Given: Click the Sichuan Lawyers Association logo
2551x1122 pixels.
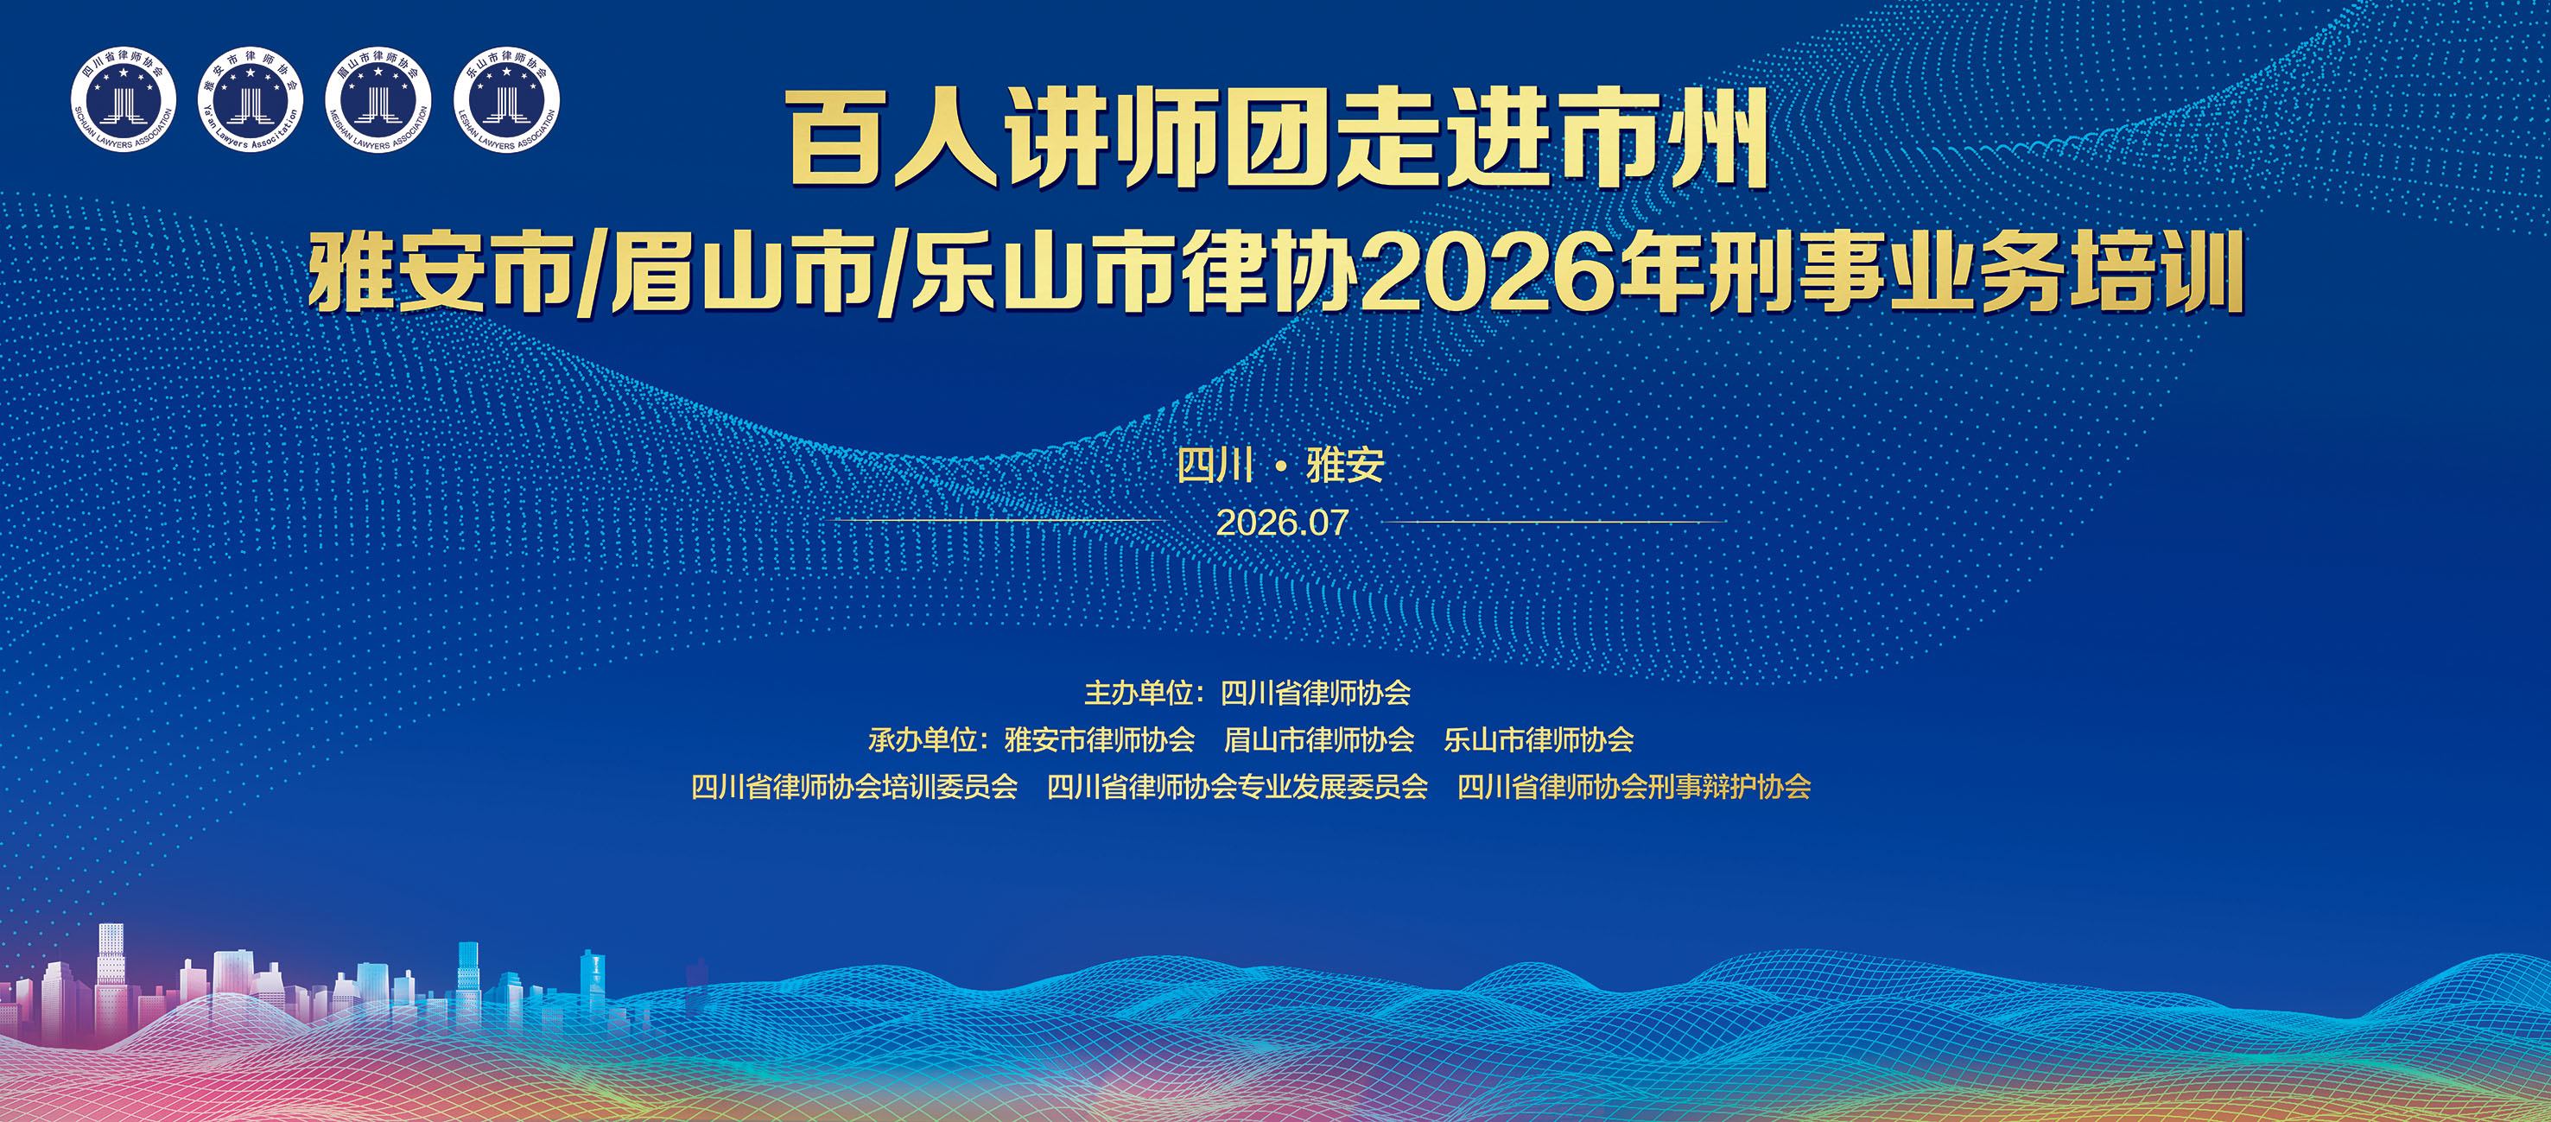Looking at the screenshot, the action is [x=123, y=100].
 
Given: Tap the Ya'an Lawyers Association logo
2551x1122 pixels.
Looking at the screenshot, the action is [x=251, y=100].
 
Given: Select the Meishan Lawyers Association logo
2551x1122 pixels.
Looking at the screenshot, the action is [x=378, y=100].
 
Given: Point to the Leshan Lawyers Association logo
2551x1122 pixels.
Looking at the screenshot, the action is [x=506, y=100].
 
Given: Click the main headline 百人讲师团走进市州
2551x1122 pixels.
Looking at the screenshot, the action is [x=1278, y=139].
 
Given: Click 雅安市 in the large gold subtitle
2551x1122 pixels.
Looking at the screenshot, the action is [x=441, y=272].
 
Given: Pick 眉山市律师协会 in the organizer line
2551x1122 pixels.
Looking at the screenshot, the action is [x=1319, y=739].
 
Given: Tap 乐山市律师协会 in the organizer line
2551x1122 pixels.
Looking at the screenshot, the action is [x=1538, y=739].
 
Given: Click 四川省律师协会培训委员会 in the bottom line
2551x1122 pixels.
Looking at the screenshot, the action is [x=854, y=787].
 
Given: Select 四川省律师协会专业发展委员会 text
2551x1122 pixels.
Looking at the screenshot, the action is [x=1237, y=787].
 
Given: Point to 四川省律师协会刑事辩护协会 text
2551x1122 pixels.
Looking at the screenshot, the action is [x=1634, y=787].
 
